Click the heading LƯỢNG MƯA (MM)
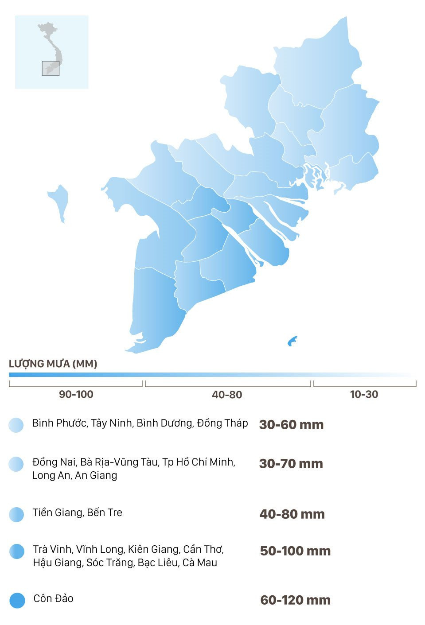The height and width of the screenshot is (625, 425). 53,364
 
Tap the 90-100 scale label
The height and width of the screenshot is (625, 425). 76,394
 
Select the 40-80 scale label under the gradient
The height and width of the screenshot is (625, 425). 227,395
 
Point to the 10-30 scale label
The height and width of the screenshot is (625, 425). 364,394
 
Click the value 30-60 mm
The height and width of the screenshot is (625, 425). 291,425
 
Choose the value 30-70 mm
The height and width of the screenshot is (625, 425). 291,464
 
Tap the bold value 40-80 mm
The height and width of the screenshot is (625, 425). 292,514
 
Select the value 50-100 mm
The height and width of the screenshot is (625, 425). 295,551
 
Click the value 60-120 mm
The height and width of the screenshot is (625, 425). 295,600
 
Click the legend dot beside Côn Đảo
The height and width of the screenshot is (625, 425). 17,600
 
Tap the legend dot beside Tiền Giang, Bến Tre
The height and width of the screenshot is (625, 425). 16,514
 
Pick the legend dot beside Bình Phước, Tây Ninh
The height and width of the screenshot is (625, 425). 16,425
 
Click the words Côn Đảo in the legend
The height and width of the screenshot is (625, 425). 53,598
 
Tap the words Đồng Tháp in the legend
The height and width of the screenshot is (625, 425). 222,423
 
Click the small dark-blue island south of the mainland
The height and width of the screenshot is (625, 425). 292,341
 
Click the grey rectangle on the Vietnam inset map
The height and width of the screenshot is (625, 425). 51,68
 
